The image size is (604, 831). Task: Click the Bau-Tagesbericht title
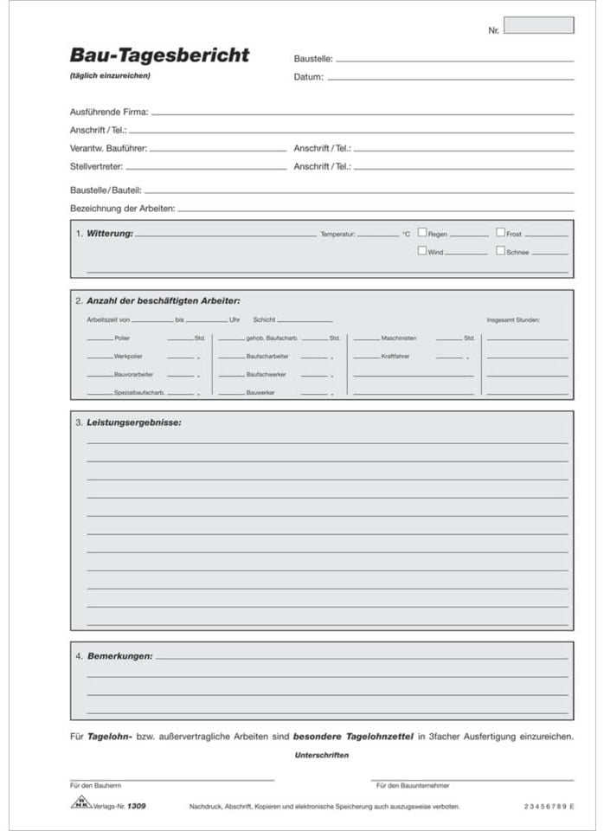[x=159, y=55]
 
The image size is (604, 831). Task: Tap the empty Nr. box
[x=538, y=25]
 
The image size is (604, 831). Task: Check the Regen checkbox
[x=422, y=233]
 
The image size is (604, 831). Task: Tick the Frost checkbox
[x=500, y=233]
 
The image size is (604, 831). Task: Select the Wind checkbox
[x=422, y=251]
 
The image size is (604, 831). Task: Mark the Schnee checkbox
[x=500, y=251]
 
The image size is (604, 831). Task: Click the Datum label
[x=308, y=77]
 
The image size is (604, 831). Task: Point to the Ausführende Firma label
[x=109, y=112]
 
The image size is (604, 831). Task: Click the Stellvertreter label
[x=96, y=165]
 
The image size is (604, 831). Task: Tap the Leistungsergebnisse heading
[x=134, y=422]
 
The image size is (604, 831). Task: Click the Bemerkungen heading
[x=119, y=656]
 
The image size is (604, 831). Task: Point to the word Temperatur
[x=337, y=235]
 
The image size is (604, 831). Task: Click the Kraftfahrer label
[x=395, y=356]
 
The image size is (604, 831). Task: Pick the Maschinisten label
[x=398, y=338]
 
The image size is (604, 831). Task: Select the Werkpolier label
[x=127, y=356]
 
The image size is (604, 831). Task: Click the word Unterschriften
[x=322, y=755]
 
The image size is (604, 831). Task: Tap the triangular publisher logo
[x=80, y=802]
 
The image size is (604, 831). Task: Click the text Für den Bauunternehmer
[x=413, y=786]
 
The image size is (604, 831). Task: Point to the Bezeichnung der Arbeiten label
[x=122, y=208]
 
